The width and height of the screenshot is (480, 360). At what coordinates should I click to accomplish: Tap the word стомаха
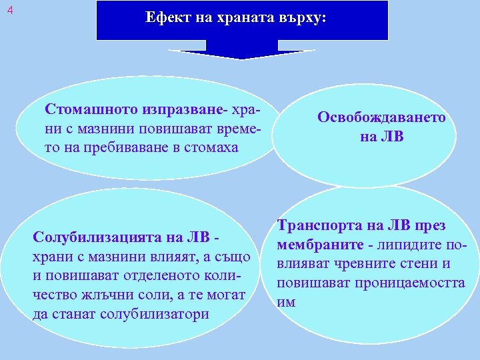tap(211, 147)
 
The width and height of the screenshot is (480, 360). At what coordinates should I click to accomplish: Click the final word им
tap(285, 301)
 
